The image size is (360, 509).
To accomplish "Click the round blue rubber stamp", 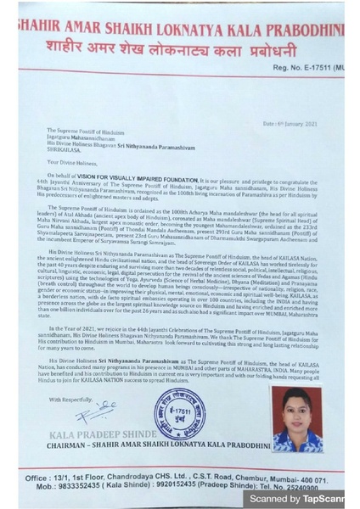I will [x=179, y=414].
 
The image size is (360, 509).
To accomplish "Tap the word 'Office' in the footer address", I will [x=39, y=479].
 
